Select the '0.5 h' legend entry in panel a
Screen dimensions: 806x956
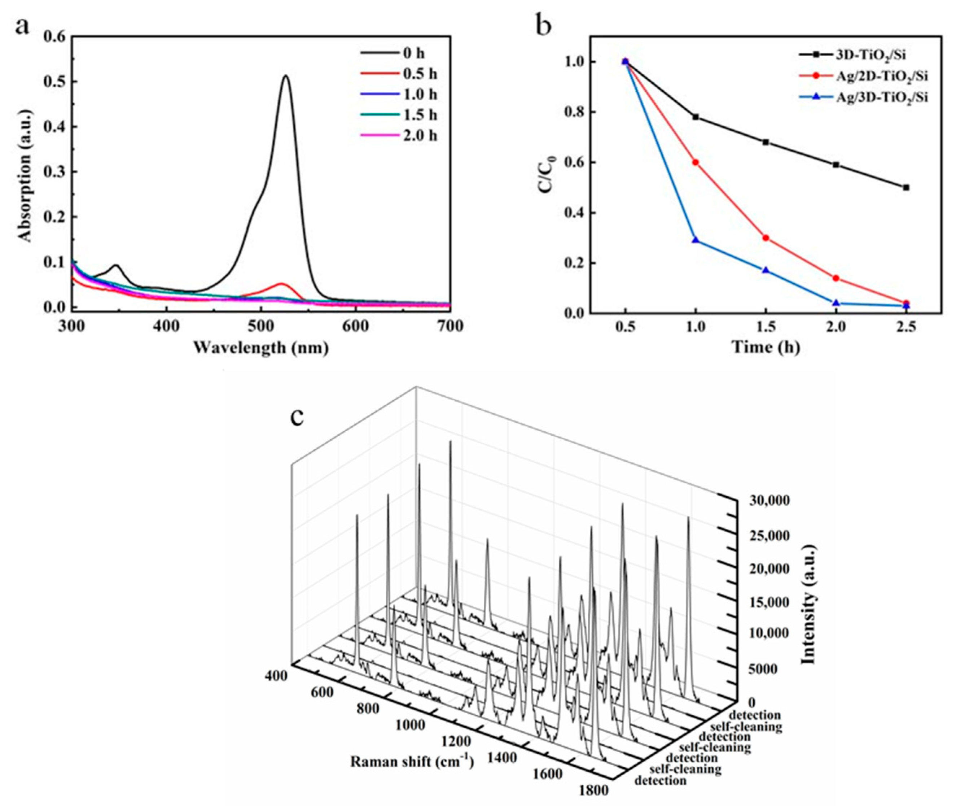pos(420,74)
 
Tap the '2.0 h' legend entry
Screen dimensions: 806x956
pos(420,136)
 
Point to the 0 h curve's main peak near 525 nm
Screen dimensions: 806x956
pos(286,76)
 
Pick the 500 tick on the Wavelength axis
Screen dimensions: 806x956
pos(261,326)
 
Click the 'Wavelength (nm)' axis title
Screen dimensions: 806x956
pos(261,348)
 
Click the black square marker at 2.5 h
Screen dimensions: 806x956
pos(906,187)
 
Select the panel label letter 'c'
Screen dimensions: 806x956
pos(297,416)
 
